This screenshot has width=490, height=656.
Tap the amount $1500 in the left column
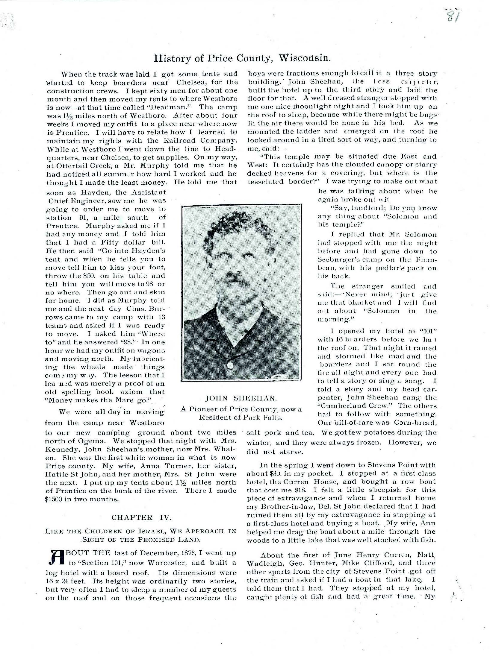(54, 499)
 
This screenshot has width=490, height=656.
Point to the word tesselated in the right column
(264, 181)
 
